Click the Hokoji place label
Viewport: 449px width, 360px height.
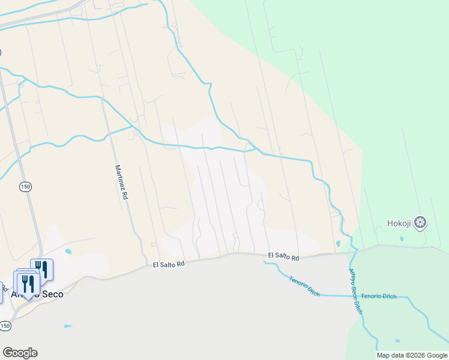coord(399,224)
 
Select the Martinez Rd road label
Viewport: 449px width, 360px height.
coord(122,183)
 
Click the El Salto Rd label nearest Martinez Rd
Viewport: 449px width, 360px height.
coord(168,264)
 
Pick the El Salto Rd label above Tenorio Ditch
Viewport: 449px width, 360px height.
coord(283,256)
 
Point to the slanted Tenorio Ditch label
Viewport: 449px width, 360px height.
coord(304,286)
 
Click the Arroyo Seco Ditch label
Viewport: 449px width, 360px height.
coord(356,292)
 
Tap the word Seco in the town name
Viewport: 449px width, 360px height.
coord(51,295)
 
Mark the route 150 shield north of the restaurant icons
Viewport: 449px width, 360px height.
coord(25,187)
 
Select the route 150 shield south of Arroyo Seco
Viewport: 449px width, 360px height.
coord(5,326)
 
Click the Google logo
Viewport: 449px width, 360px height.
coord(20,353)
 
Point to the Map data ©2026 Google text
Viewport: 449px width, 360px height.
coord(412,355)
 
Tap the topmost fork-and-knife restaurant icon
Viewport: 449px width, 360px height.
coord(41,268)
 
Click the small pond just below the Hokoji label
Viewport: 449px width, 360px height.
coord(402,239)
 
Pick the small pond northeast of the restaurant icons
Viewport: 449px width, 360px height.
coord(68,251)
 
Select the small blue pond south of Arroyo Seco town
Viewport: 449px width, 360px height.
coord(68,326)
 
